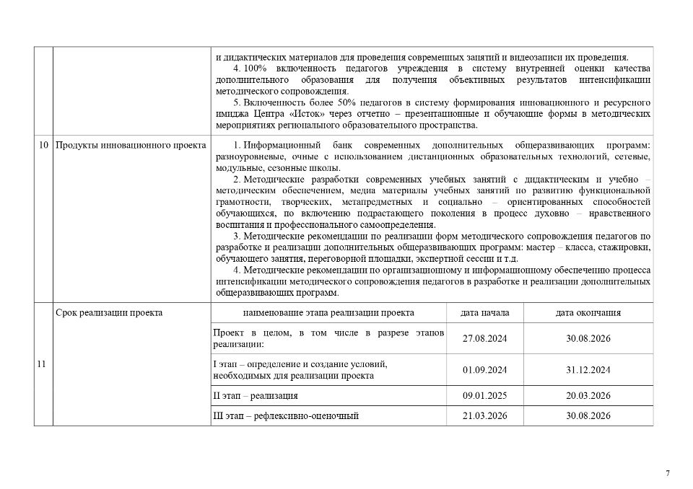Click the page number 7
click(x=667, y=473)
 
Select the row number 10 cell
click(x=43, y=146)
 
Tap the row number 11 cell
click(x=41, y=364)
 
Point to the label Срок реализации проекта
click(x=109, y=313)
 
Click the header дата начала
click(x=485, y=313)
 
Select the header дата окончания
click(x=588, y=313)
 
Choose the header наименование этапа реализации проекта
click(x=328, y=313)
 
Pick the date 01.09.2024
click(x=485, y=370)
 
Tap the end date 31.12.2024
click(x=588, y=370)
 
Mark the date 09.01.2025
click(x=485, y=396)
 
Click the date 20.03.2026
click(x=588, y=396)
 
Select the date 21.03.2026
click(x=485, y=416)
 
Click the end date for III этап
click(x=588, y=416)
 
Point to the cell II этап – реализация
click(x=256, y=396)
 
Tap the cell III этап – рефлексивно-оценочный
click(x=286, y=416)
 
